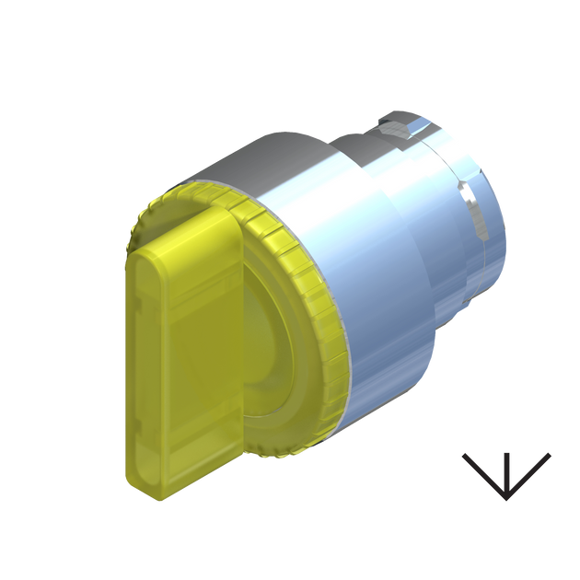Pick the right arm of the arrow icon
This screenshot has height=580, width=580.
click(x=532, y=470)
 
